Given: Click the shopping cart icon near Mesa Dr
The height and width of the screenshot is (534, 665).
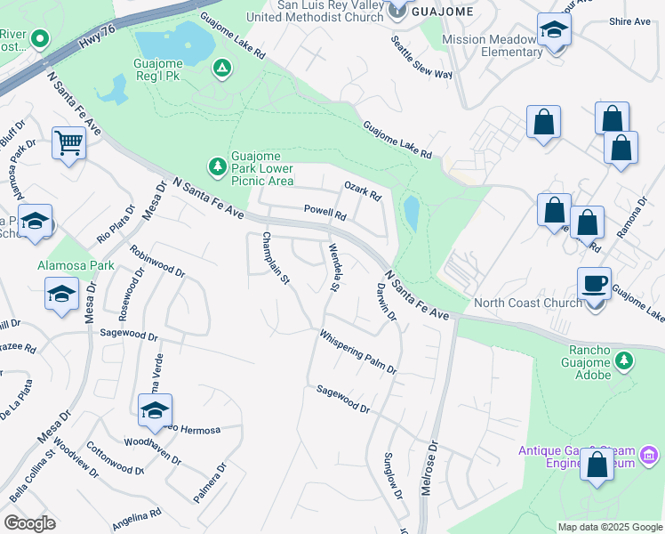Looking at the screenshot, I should pos(68,142).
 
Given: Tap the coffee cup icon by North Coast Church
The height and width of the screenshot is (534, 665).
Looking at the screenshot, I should pos(595,286).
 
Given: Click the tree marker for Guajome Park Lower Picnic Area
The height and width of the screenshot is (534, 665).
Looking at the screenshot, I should pos(217,166).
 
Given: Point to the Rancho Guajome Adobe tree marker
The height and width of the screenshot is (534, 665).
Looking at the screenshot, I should pos(625,360).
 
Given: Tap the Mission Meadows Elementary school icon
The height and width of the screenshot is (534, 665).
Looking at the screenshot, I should pos(554,29).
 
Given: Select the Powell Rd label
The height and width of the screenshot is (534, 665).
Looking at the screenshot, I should pos(324,213).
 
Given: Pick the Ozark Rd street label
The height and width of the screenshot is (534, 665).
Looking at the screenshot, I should pos(363,189).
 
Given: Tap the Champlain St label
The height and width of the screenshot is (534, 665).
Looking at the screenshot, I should pos(275,259).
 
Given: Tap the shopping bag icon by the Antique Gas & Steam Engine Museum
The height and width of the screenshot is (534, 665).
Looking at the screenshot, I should pos(597,465).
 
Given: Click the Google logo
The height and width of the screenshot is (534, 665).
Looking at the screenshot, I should pos(29,523).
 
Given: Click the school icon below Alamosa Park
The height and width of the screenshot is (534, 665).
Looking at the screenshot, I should pos(60,295).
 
